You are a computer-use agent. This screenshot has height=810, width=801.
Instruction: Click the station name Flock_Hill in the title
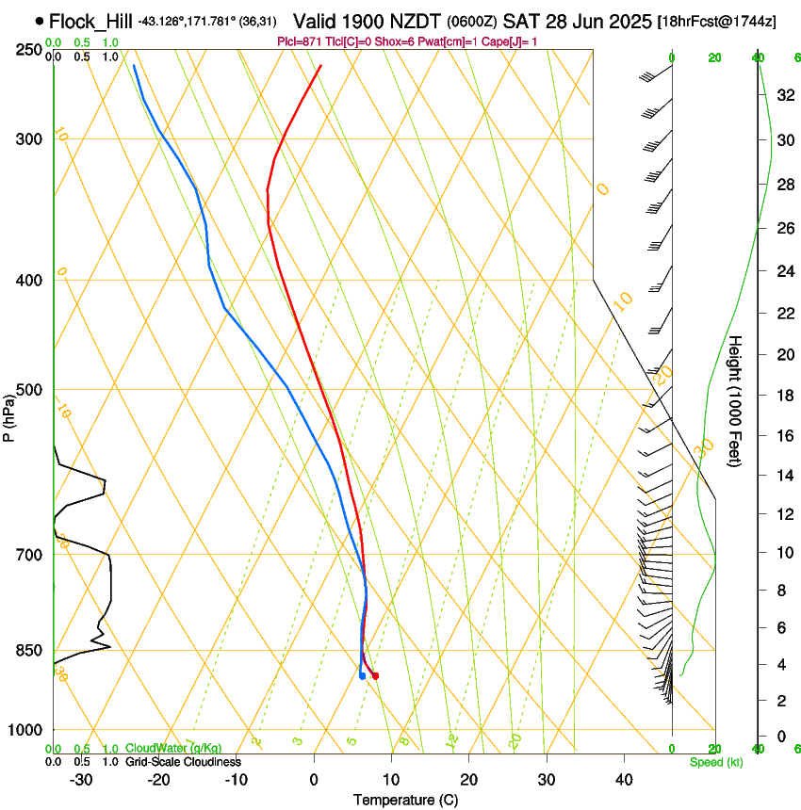[91, 21]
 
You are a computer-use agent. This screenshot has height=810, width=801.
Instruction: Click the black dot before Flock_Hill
[39, 20]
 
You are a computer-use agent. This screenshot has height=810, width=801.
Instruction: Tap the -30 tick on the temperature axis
[81, 779]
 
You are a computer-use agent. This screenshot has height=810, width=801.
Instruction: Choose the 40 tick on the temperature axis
[623, 779]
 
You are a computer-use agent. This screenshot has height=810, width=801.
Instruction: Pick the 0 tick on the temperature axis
[314, 779]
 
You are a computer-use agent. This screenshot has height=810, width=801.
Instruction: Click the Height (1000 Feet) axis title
[736, 401]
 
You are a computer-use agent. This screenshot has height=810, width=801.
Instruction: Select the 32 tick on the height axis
[783, 95]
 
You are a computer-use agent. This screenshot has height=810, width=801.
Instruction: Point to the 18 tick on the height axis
[783, 396]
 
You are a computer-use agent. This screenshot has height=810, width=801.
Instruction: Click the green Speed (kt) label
[715, 762]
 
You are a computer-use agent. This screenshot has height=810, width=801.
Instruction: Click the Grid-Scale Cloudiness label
[183, 762]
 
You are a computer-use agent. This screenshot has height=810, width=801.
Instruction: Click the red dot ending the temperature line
[374, 675]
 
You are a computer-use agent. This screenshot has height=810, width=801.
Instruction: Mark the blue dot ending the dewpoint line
[362, 675]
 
